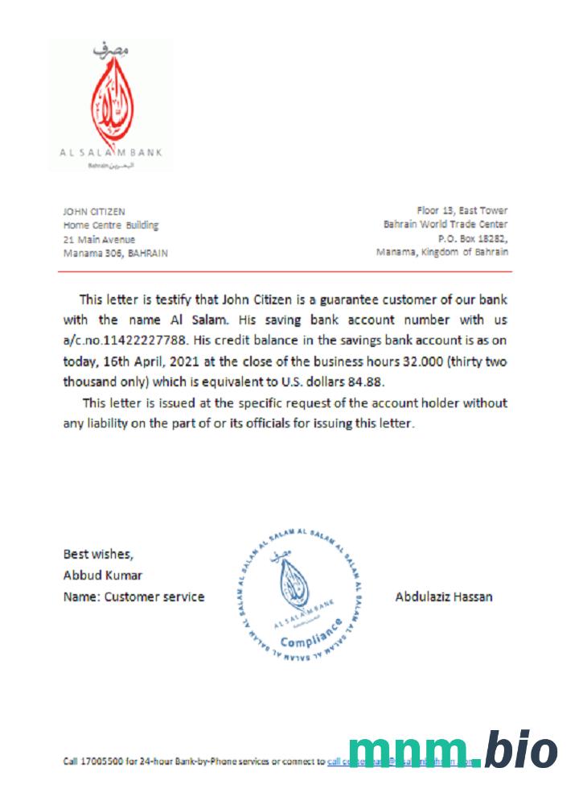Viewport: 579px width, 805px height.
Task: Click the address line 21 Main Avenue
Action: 99,239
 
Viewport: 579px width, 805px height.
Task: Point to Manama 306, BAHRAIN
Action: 116,252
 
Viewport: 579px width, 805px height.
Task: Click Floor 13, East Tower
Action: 462,211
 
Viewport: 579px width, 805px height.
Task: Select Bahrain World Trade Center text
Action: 446,225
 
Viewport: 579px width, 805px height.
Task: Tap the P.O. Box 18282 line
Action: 472,238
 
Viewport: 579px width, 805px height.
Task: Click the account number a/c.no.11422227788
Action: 131,341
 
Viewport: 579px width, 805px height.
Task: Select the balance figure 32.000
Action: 413,361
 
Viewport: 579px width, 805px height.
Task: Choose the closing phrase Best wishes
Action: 99,554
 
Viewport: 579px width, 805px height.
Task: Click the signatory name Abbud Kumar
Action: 102,575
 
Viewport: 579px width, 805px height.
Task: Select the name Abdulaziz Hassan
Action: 444,597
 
